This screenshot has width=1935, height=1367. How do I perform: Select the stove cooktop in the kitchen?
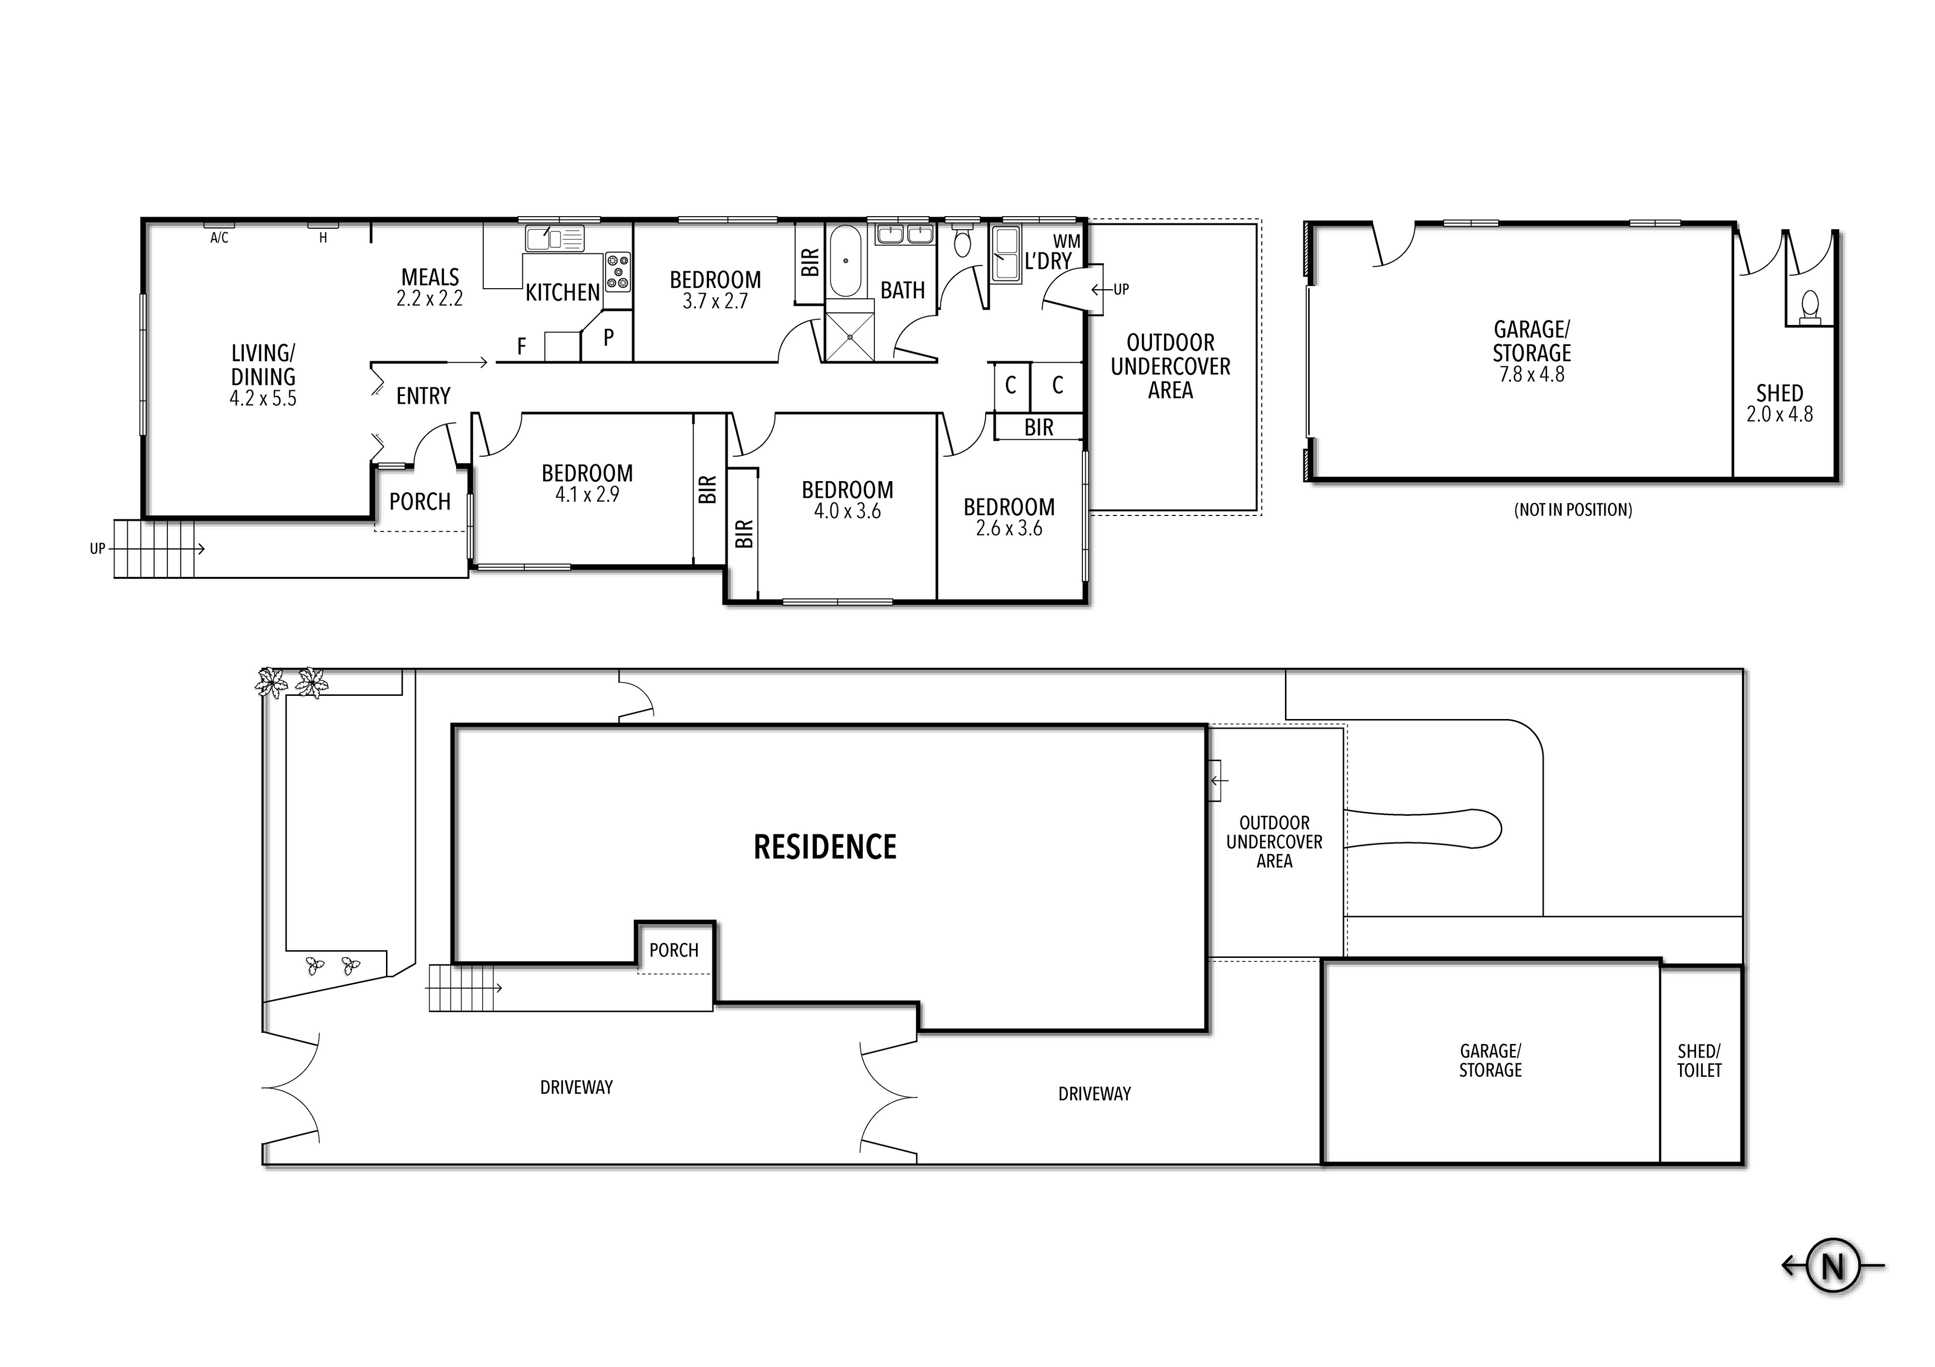pos(618,272)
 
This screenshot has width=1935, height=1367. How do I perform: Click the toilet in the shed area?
pos(1809,305)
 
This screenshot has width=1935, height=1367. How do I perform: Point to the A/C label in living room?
pos(219,238)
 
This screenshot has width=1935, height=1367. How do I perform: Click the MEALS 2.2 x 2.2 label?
pos(430,287)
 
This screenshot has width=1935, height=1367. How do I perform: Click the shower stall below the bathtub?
pos(850,336)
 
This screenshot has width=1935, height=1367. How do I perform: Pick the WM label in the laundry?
pos(1066,242)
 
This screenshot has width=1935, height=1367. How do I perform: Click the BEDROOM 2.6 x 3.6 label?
pos(1009,516)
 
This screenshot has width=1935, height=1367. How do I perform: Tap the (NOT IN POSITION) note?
pos(1573,510)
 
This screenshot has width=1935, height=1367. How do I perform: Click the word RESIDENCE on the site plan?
pos(825,847)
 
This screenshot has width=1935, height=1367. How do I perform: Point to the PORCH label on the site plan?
pos(673,950)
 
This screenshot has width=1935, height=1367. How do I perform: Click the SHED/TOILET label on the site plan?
pos(1698,1060)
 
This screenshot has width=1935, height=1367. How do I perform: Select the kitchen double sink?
pos(554,238)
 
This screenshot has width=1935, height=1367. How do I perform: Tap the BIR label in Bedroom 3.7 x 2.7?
pos(810,262)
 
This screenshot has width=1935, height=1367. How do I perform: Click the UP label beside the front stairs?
pos(98,549)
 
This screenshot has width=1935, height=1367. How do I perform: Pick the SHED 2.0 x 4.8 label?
pos(1779,403)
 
